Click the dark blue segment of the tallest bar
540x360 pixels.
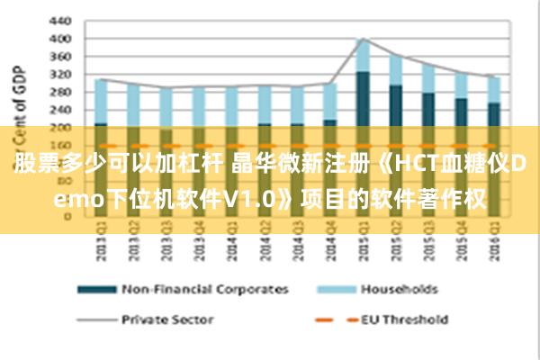pyautogui.click(x=363, y=99)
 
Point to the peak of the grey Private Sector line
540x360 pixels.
pyautogui.click(x=363, y=39)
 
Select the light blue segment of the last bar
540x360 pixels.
pyautogui.click(x=494, y=89)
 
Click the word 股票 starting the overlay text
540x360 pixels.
pyautogui.click(x=32, y=165)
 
